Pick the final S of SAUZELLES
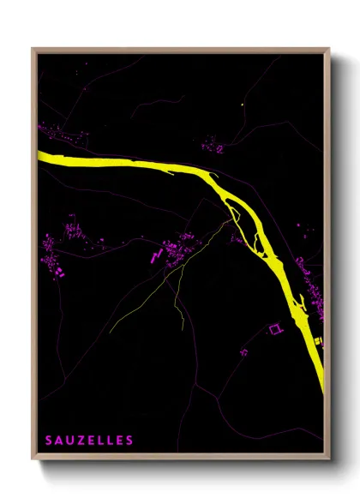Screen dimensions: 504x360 129,441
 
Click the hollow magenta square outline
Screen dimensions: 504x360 275,328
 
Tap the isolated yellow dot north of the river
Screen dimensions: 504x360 243,105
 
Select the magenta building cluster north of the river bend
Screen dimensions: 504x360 213,147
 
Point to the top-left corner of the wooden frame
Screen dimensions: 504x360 33,48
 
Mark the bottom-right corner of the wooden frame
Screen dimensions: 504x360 330,459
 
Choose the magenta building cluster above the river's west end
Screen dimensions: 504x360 63,135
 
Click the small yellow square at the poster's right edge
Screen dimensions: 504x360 319,342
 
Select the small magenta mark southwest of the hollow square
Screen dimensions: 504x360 244,350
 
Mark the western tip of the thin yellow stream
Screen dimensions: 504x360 111,332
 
